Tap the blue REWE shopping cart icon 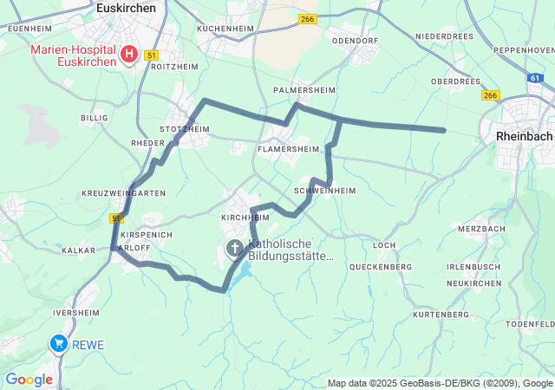coord(59,344)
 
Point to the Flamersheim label coord(289,149)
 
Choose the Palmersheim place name coord(303,89)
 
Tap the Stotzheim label coord(185,129)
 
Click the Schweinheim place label coord(325,191)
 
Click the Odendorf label coord(356,40)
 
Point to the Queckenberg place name coord(381,267)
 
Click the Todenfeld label coord(531,323)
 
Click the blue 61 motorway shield coord(534,78)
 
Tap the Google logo coord(29,379)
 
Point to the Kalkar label coord(79,250)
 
